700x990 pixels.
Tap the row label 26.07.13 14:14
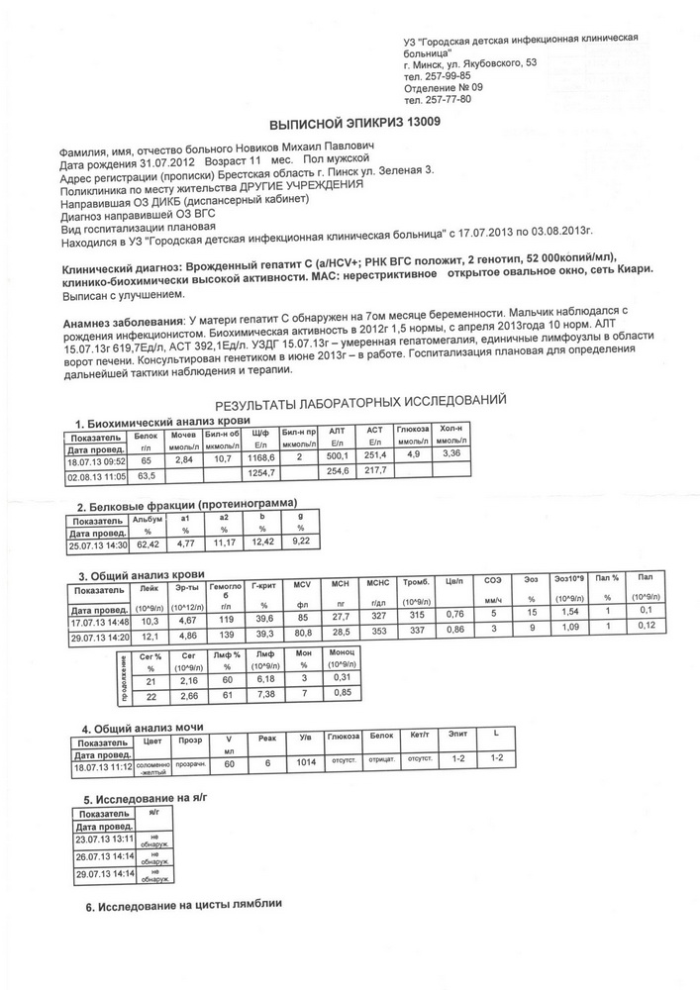click(104, 855)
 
